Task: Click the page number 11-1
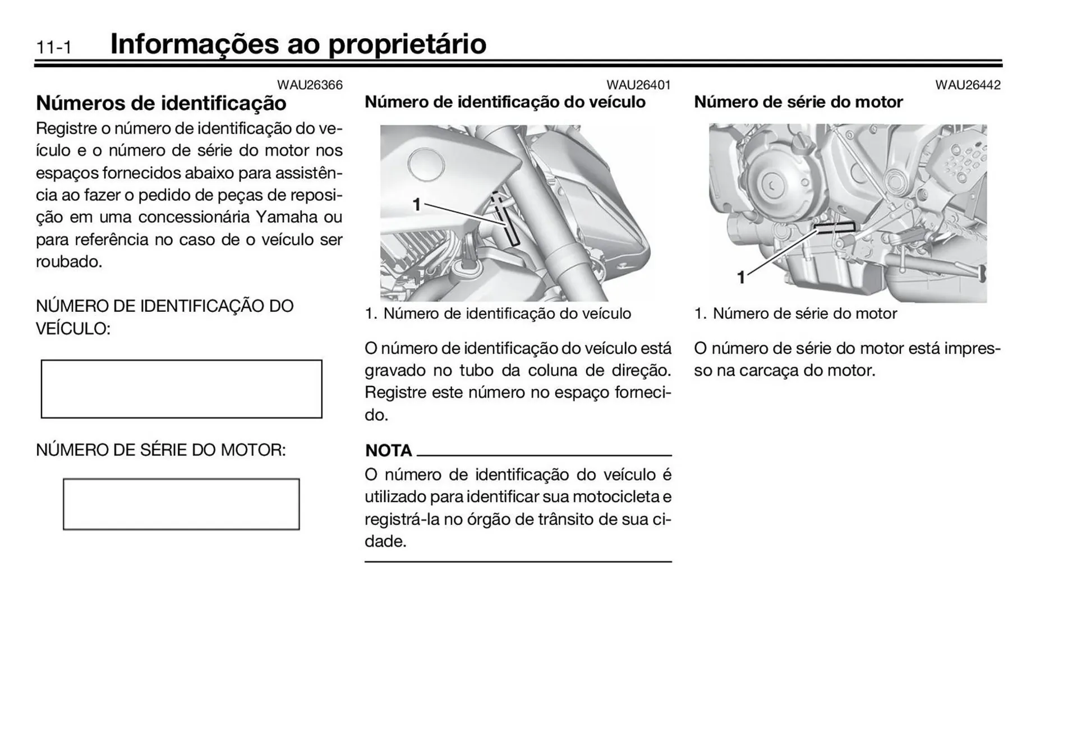pos(54,48)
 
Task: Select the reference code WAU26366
pos(310,85)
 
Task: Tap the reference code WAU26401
pos(638,85)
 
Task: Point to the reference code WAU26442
pos(968,85)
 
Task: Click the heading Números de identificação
pos(161,103)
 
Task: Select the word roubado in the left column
pos(68,262)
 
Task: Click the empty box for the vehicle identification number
pos(181,389)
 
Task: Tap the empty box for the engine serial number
pos(181,504)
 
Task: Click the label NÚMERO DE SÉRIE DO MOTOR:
pos(161,450)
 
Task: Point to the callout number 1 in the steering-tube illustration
pos(417,205)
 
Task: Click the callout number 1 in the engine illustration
pos(740,277)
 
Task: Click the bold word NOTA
pos(388,450)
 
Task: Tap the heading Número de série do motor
pos(798,102)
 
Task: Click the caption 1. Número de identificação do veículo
pos(498,314)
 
